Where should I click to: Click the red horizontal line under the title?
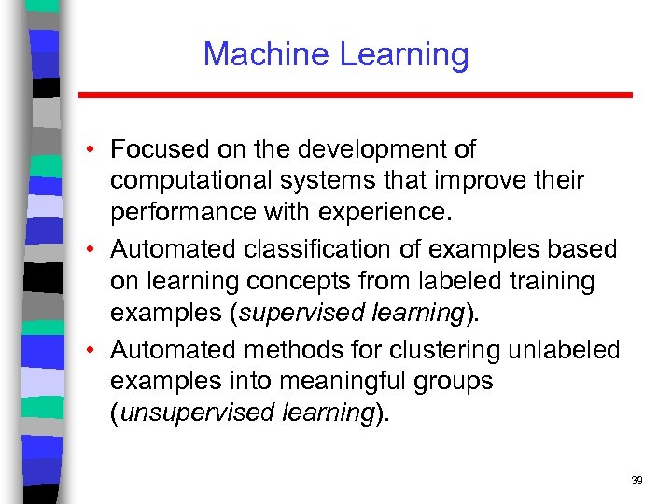pos(355,95)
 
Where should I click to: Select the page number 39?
pos(637,481)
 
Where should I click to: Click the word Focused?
pos(158,149)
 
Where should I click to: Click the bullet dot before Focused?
pos(96,149)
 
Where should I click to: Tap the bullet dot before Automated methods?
pos(96,350)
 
